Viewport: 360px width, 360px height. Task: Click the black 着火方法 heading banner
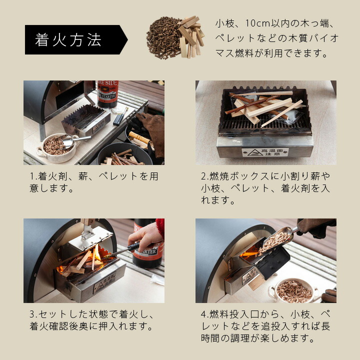pyautogui.click(x=76, y=39)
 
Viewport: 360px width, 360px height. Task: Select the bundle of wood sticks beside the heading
pyautogui.click(x=191, y=36)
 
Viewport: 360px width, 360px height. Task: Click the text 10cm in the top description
pyautogui.click(x=258, y=23)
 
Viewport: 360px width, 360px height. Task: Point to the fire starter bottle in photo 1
pyautogui.click(x=107, y=94)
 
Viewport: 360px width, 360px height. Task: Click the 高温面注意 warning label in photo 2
pyautogui.click(x=265, y=152)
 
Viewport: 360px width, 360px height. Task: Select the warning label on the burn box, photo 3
pyautogui.click(x=104, y=283)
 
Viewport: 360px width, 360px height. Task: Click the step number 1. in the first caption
pyautogui.click(x=33, y=176)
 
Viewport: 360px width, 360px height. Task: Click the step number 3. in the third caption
pyautogui.click(x=33, y=314)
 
